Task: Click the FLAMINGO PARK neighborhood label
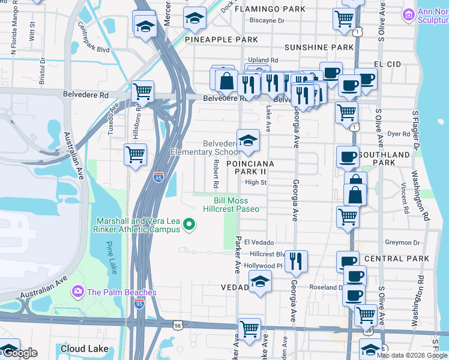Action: [x=270, y=10]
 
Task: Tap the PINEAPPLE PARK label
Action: [x=221, y=40]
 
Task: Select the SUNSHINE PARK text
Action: [x=319, y=47]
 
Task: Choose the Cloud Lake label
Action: [x=84, y=349]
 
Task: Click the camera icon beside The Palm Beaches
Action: [x=77, y=292]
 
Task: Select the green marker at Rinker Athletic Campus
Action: [x=190, y=225]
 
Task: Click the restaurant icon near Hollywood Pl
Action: [x=295, y=260]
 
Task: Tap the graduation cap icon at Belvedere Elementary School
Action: [x=247, y=140]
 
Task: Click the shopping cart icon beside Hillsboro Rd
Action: [x=135, y=154]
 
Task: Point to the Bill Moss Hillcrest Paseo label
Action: [x=231, y=205]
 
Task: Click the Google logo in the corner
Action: [x=19, y=353]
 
